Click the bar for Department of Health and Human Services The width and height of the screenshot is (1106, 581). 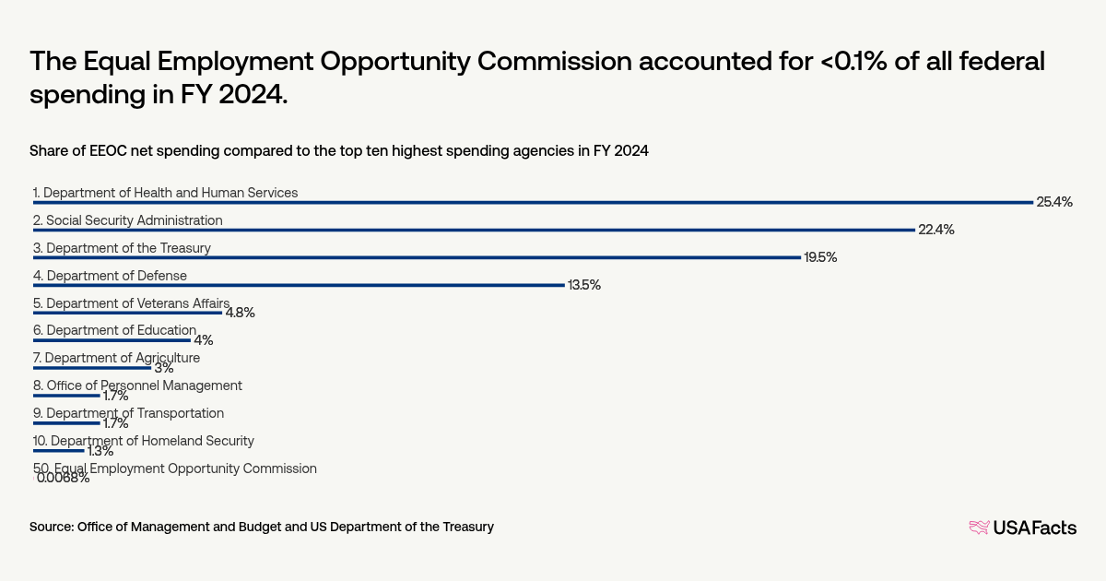pyautogui.click(x=533, y=202)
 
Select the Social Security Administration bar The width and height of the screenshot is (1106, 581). pyautogui.click(x=474, y=230)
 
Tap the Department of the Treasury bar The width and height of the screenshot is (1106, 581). pyautogui.click(x=417, y=257)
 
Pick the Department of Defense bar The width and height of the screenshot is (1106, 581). pyautogui.click(x=299, y=285)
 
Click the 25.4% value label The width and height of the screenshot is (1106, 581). pyautogui.click(x=1054, y=202)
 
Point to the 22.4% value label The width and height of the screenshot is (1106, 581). pyautogui.click(x=935, y=230)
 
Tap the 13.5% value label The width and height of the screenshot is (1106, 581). pyautogui.click(x=583, y=285)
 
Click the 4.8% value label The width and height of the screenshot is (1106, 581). pyautogui.click(x=240, y=313)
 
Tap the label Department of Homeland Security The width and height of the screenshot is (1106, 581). pyautogui.click(x=143, y=441)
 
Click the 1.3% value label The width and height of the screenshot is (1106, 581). pyautogui.click(x=100, y=451)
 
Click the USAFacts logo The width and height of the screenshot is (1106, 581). pyautogui.click(x=1022, y=528)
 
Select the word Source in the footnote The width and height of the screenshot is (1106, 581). pyautogui.click(x=51, y=527)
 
